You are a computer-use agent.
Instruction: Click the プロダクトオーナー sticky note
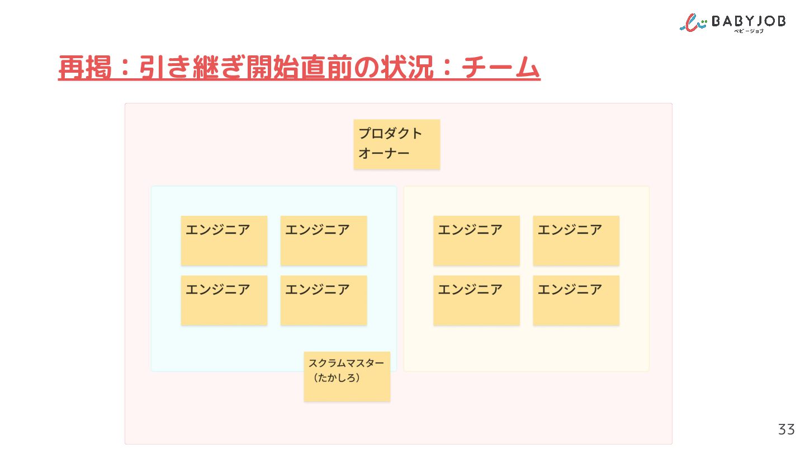397,144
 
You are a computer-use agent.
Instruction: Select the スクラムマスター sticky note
347,376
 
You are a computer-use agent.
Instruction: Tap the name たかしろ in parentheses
337,378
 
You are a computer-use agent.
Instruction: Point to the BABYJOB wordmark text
749,21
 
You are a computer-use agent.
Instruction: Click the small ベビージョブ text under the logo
749,31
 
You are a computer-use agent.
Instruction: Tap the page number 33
787,430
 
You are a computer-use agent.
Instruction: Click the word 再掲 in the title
85,67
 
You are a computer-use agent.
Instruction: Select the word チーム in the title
501,67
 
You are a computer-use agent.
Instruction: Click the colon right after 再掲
125,67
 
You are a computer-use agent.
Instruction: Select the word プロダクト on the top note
390,133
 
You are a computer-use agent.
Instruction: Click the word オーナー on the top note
384,153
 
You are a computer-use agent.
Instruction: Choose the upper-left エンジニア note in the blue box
224,240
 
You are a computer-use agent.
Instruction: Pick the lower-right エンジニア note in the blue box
324,300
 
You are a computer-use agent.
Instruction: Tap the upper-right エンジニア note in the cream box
576,240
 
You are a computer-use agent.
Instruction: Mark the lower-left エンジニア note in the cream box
476,300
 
